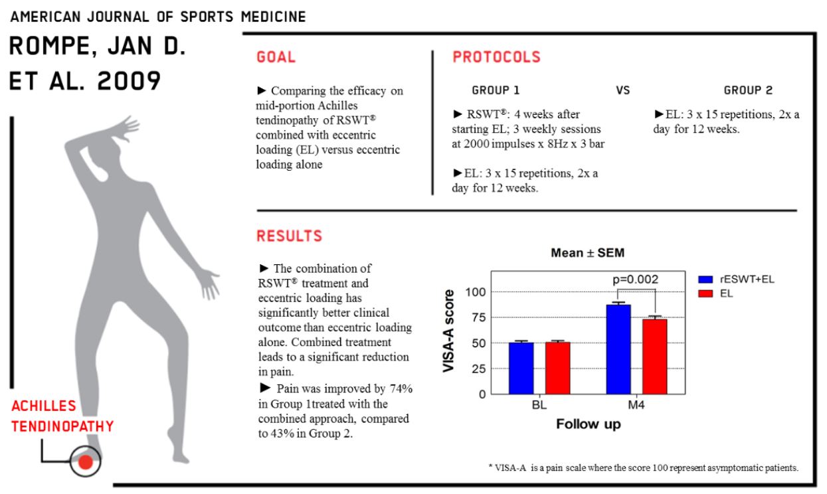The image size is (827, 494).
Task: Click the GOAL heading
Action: pos(276,58)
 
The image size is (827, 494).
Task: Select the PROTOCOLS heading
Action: pos(497,58)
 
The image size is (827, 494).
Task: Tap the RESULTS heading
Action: pos(290,236)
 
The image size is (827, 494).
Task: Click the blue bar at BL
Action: pos(521,368)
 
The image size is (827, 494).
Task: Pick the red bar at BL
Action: pos(558,368)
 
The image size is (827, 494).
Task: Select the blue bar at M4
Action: pos(619,349)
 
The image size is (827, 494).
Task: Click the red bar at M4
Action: pos(655,356)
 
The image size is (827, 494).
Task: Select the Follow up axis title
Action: pos(589,424)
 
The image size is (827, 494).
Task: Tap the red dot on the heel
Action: pos(85,462)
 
